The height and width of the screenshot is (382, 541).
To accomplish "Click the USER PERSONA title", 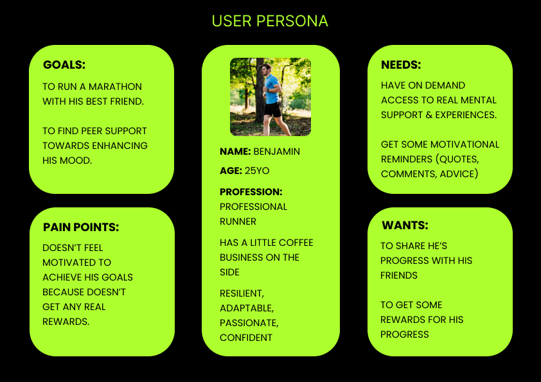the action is point(269,21).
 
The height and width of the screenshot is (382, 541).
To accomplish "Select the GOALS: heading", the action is point(64,65).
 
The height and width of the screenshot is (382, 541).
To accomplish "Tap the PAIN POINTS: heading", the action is point(81,227).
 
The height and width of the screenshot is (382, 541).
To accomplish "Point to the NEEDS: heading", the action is point(401,65).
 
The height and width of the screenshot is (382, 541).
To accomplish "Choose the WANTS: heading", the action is point(405,225).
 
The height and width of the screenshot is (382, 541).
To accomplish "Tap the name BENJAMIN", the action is point(277,152).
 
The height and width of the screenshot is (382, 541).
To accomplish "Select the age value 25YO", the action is point(257,171).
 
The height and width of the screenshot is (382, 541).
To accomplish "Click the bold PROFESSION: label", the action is point(251,192).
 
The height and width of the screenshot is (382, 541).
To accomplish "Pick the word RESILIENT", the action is point(242,293).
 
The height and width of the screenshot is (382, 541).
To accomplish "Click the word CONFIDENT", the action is point(246,338).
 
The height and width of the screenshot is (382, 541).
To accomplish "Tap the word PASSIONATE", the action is point(249,323).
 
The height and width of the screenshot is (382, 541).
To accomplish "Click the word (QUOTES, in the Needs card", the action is point(457,159).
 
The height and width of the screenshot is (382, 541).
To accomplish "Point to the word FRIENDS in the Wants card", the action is point(399,275).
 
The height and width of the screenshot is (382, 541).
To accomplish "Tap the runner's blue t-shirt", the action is point(272,90).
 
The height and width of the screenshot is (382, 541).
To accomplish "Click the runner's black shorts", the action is point(273,109).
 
